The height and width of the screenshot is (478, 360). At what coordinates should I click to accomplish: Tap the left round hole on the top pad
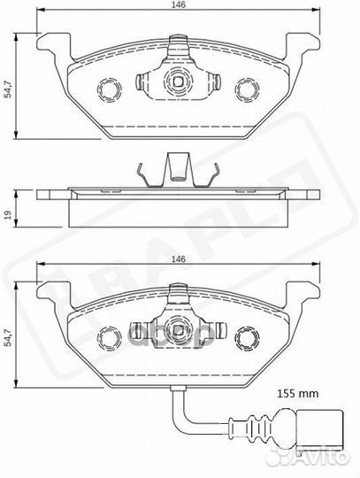tap(110, 90)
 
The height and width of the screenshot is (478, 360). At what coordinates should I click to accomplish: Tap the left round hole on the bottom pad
tap(110, 337)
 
